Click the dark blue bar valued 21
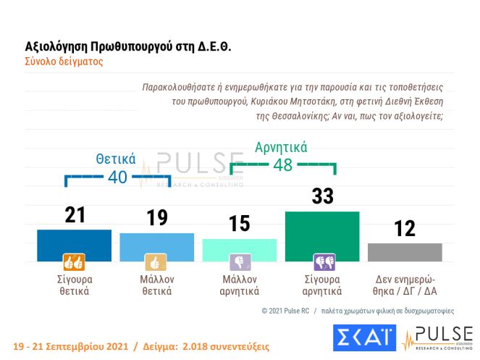point(74,245)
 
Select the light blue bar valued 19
point(156,246)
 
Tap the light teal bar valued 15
point(240,249)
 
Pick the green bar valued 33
point(322,236)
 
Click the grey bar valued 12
point(405,251)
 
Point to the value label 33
point(322,196)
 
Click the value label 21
point(74,214)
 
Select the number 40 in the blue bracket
point(117,177)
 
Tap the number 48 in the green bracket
point(282,164)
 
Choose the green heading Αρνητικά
point(282,147)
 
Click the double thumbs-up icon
point(74,261)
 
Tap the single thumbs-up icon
point(156,261)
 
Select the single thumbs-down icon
point(240,261)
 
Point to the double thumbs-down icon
point(322,261)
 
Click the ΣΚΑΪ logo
point(363,338)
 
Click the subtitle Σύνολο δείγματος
point(64,62)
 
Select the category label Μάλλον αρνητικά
point(240,285)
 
